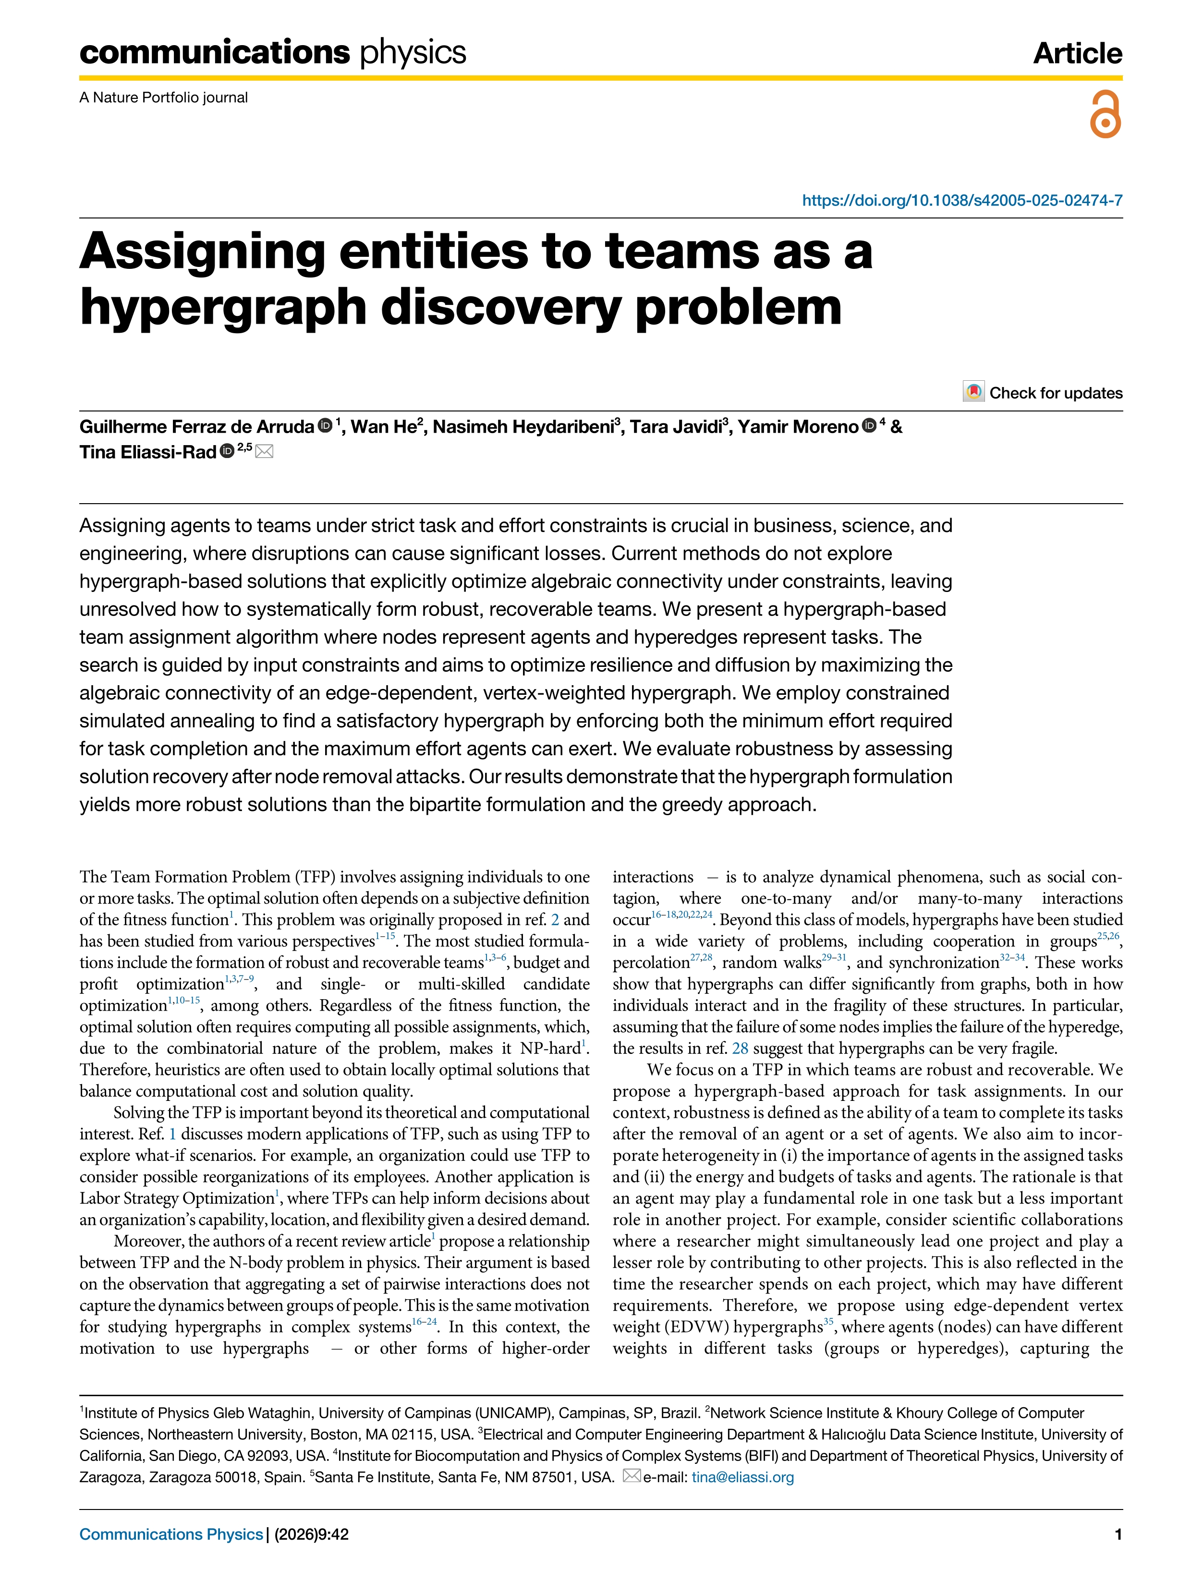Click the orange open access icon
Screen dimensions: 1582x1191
[1105, 114]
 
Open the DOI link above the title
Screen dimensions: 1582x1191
[961, 200]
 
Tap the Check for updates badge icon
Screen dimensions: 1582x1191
[973, 392]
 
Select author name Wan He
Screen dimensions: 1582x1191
[383, 427]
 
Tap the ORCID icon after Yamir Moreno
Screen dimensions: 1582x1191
[869, 426]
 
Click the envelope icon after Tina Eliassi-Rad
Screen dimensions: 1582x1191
[264, 451]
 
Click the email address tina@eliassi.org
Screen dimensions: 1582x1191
[742, 1477]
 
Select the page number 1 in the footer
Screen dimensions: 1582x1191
[1118, 1534]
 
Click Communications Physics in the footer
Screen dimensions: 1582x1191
[171, 1534]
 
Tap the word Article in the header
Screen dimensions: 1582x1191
[1077, 54]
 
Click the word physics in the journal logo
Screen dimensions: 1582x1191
[413, 53]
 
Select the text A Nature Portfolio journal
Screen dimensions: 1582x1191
[164, 97]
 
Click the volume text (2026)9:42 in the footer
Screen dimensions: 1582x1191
[311, 1534]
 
